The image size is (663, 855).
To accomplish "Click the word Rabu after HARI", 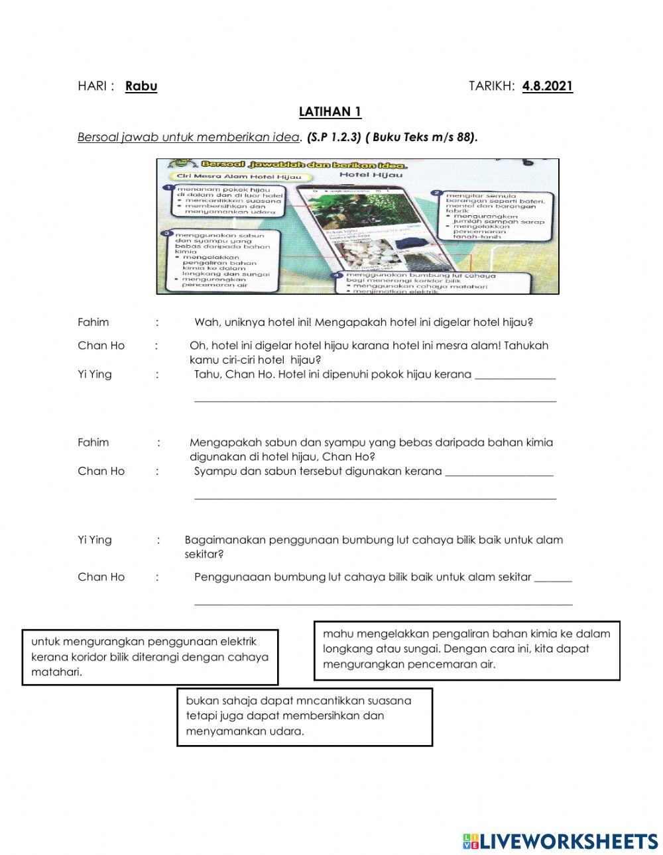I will click(x=141, y=86).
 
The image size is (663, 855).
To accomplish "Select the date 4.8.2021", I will click(x=547, y=86).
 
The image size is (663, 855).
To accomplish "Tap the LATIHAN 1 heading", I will click(x=330, y=112).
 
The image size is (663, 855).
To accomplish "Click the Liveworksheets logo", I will click(x=560, y=841).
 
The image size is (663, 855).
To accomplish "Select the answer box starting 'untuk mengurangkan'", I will click(x=150, y=657).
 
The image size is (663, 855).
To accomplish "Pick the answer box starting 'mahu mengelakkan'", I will click(x=467, y=650).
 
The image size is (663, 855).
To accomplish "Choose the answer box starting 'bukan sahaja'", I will click(x=304, y=717).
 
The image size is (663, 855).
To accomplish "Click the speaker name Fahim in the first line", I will click(x=93, y=323).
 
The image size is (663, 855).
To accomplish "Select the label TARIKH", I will click(x=491, y=86).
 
